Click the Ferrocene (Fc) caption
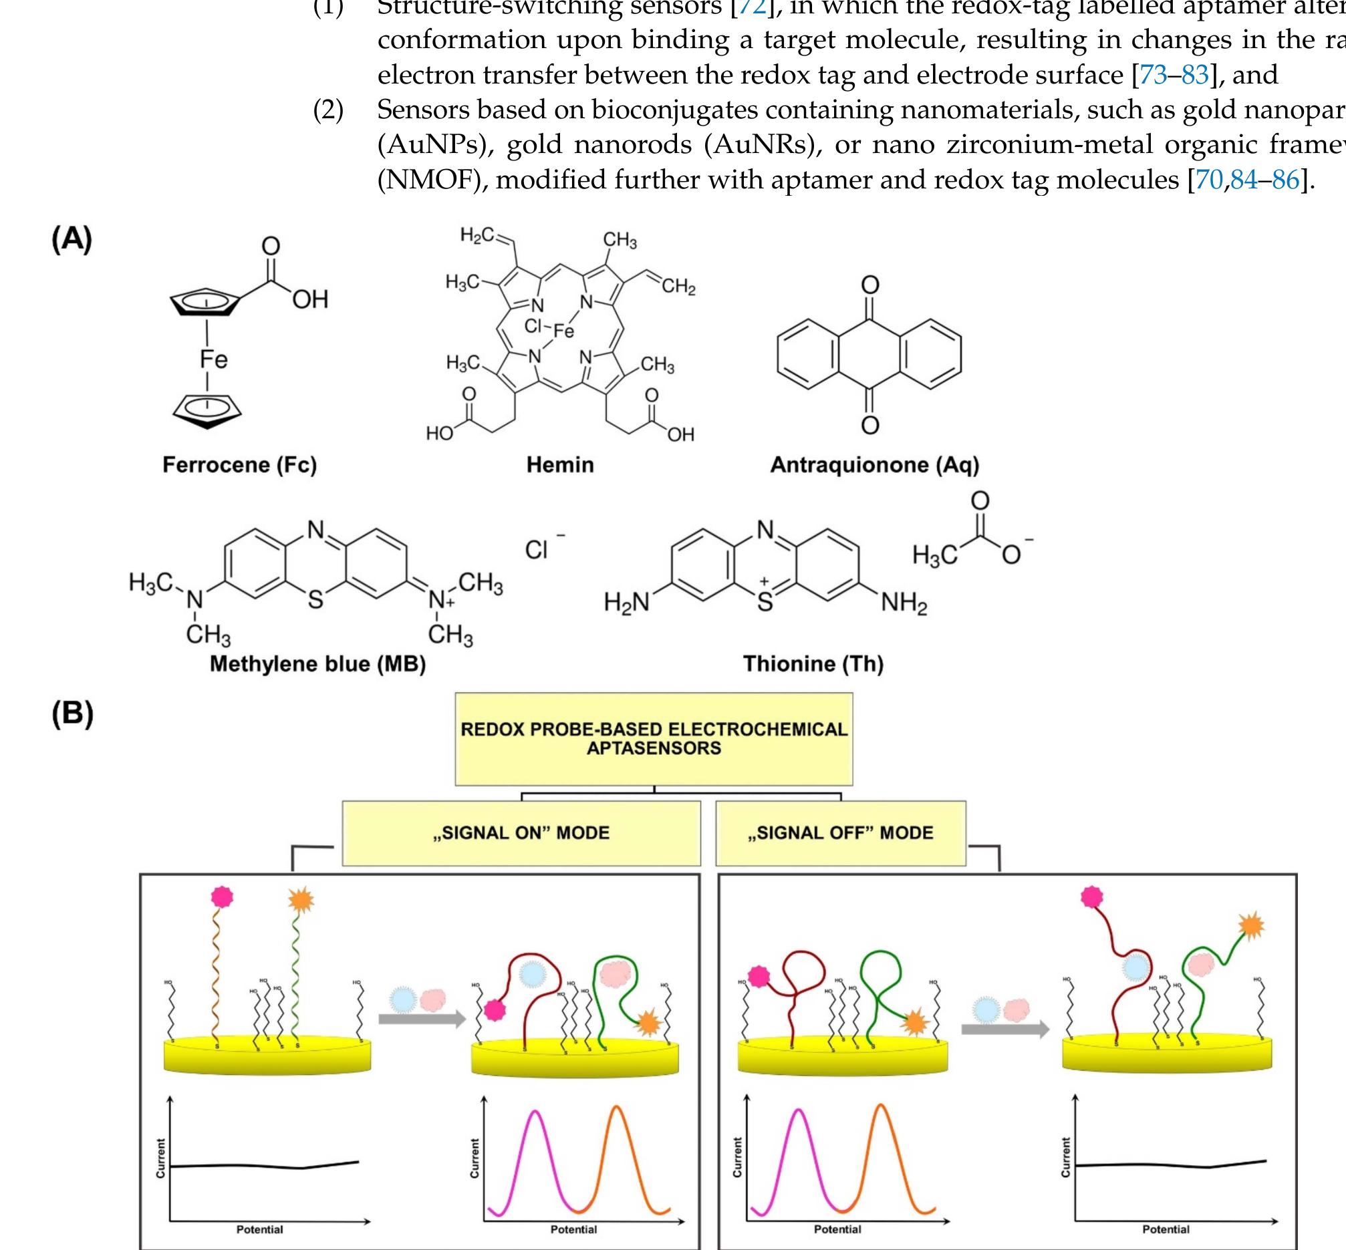(239, 465)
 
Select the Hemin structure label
(559, 465)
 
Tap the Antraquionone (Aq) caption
(874, 465)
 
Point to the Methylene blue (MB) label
(317, 663)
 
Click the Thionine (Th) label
(813, 663)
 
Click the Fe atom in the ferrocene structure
(213, 359)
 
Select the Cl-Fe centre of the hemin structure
(549, 329)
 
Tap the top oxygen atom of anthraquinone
(869, 285)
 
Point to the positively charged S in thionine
(765, 600)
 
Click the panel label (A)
(72, 239)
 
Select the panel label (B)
(72, 714)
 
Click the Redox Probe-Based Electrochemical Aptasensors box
(654, 739)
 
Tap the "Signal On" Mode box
(521, 832)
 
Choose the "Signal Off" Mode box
(841, 832)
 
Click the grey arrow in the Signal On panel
(422, 1018)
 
